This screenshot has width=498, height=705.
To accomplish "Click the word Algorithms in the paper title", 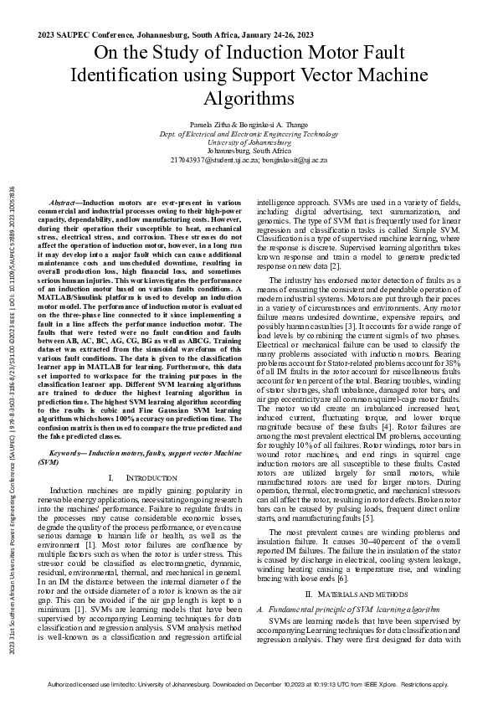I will tap(249, 99).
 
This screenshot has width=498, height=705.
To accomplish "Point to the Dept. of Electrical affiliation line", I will tap(249, 133).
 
